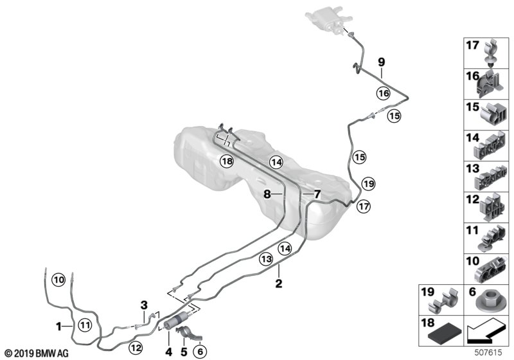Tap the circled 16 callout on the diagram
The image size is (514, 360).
pos(384,93)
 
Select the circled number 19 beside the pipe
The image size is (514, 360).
pos(368,184)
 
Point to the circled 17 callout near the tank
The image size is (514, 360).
pos(364,206)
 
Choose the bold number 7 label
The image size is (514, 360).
pos(316,193)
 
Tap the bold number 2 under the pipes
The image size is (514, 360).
pos(279,283)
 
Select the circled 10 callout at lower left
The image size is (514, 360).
pos(59,280)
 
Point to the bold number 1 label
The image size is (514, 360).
pos(60,326)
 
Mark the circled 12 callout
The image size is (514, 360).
pos(136,348)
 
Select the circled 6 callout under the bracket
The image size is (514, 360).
pos(200,351)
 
